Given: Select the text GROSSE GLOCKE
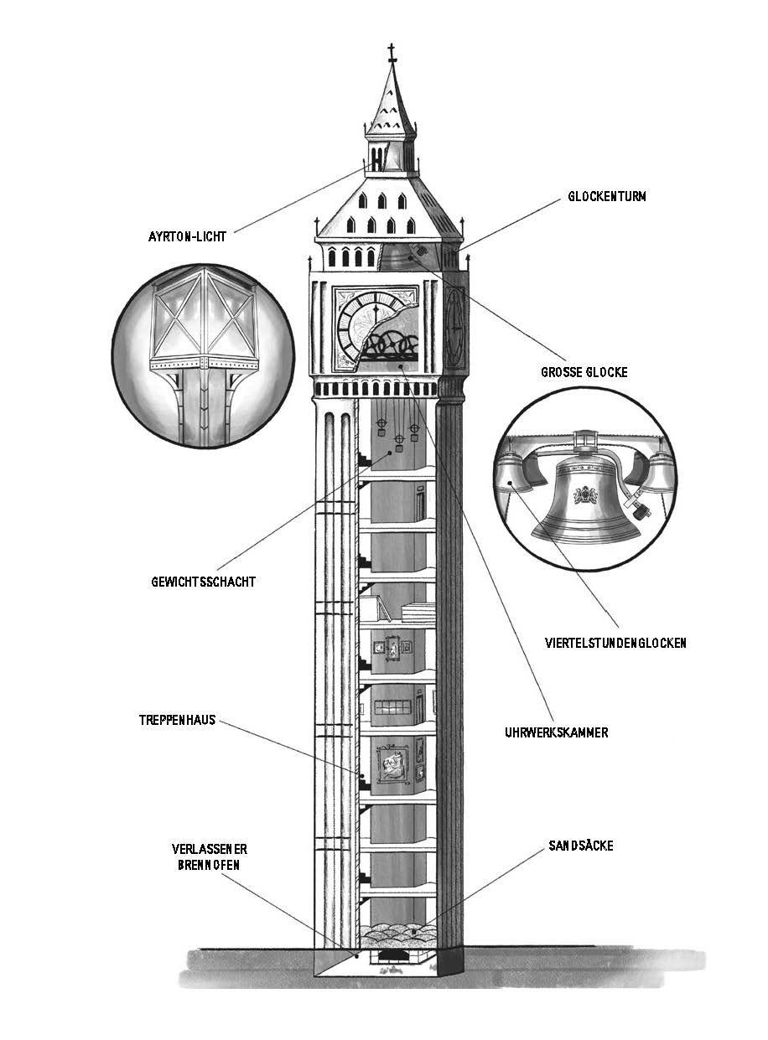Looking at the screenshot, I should [x=584, y=371].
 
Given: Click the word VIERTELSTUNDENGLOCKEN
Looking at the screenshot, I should [x=615, y=643].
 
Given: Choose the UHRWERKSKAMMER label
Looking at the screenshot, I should [x=557, y=732].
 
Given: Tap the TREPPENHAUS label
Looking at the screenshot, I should [x=177, y=719].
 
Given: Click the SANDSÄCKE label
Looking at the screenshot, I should [x=581, y=846].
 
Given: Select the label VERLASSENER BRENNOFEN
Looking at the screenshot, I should [x=205, y=856].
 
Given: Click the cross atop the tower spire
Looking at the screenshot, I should [x=391, y=53].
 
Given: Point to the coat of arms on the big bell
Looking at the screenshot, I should [x=584, y=495].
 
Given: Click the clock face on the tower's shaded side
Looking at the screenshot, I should [x=454, y=320].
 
